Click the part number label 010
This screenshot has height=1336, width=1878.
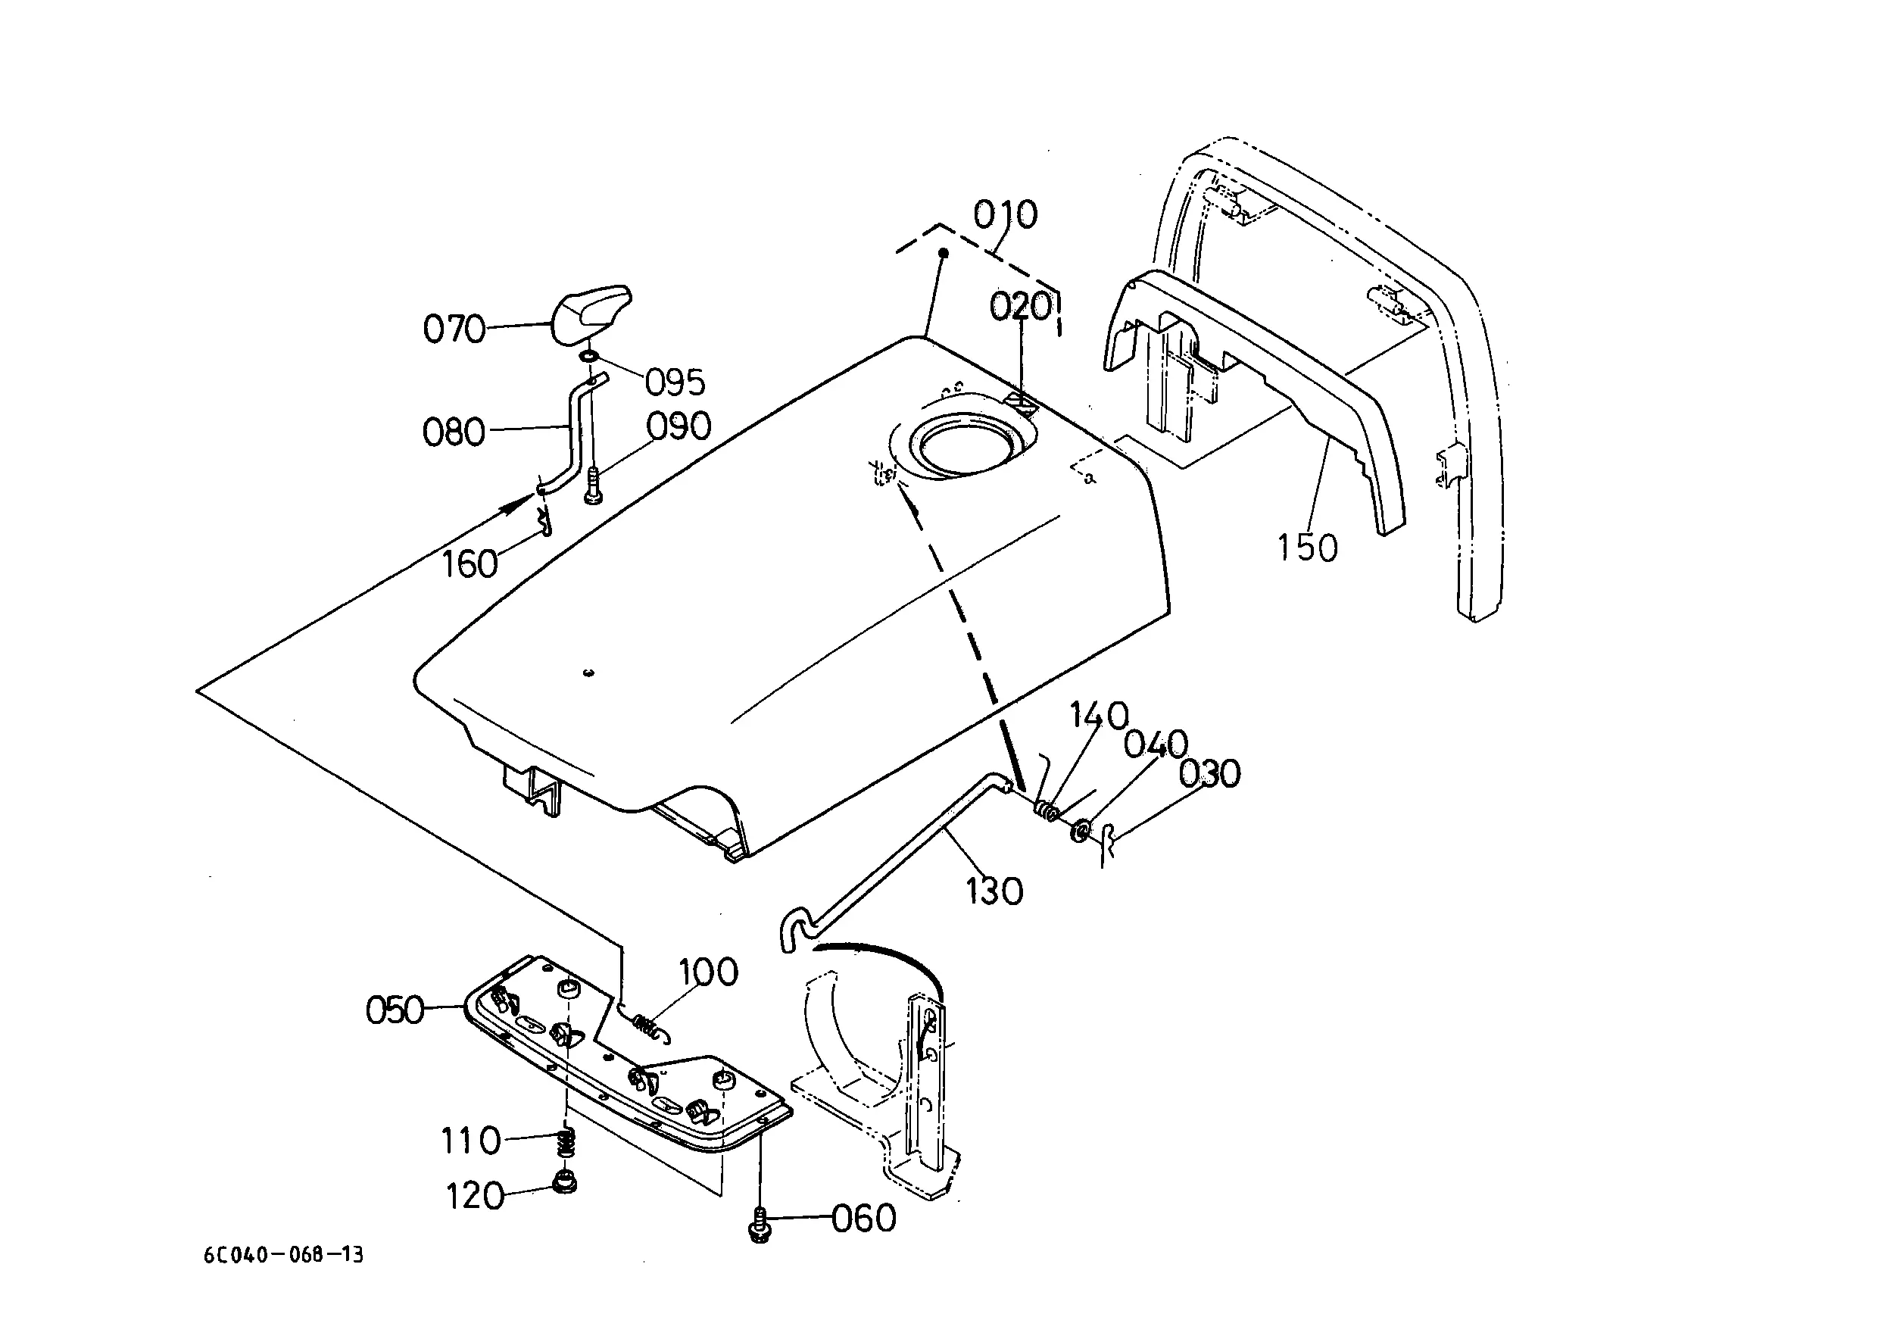(1005, 215)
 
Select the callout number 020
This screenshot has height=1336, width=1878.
(1020, 307)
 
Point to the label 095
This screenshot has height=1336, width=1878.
(675, 382)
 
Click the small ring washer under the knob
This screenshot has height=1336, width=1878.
(589, 356)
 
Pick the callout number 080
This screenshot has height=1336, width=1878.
(454, 432)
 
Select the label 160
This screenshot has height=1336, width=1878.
(469, 564)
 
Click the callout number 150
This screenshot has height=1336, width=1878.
(1307, 548)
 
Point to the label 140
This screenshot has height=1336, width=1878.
(1099, 716)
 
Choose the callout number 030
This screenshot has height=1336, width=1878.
(1209, 774)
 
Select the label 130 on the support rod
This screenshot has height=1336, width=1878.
(994, 891)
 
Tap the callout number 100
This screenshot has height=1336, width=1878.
(708, 972)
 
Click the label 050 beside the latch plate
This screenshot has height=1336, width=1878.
(395, 1010)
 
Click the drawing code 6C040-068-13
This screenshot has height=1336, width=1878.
(284, 1254)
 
